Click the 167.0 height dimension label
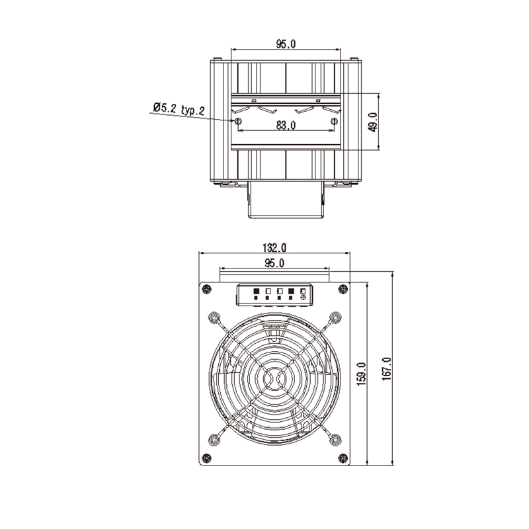coord(387,368)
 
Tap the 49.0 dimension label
coord(372,122)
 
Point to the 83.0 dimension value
coord(286,126)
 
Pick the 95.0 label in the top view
coord(286,44)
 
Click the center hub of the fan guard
coord(274,378)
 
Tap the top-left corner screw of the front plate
coord(207,289)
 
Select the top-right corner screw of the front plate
coord(343,289)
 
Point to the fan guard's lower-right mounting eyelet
coord(335,438)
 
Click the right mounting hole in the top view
coord(334,122)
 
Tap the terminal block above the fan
coord(274,294)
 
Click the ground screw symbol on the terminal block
coord(304,298)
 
